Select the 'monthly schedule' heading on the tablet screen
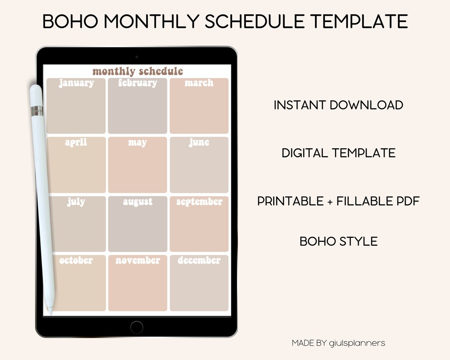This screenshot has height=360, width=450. [137, 71]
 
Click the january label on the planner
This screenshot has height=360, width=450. [76, 83]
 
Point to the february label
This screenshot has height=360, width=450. [137, 83]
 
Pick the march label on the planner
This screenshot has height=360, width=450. [199, 83]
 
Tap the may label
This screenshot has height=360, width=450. [137, 142]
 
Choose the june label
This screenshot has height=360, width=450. [199, 142]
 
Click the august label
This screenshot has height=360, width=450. [137, 202]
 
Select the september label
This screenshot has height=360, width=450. [199, 202]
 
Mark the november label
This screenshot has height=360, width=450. [137, 260]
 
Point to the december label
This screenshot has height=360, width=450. [199, 260]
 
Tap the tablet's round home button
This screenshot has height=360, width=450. [137, 327]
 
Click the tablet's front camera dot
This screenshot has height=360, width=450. [137, 56]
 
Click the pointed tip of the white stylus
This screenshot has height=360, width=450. [50, 312]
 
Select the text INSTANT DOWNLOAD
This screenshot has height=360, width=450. [338, 105]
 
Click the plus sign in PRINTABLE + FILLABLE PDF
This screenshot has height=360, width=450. [330, 202]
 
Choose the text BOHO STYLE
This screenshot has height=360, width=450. [338, 241]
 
